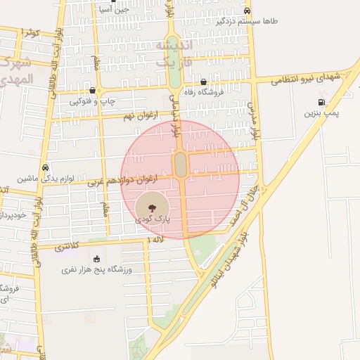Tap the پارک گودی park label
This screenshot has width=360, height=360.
pos(153,219)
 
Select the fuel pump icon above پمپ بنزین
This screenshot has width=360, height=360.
pos(321,103)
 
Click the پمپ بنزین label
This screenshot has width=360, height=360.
pos(323,113)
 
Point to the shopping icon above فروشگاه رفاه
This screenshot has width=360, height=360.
pos(203,82)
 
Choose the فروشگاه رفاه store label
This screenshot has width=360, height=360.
pos(203,91)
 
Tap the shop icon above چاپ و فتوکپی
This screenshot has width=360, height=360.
pos(93,91)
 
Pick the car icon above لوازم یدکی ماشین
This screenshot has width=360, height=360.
pos(45,168)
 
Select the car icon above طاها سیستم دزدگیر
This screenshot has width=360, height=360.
pos(247,11)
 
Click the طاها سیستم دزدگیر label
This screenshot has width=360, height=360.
pos(247,21)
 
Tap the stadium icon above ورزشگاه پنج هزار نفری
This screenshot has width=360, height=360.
pos(96,259)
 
